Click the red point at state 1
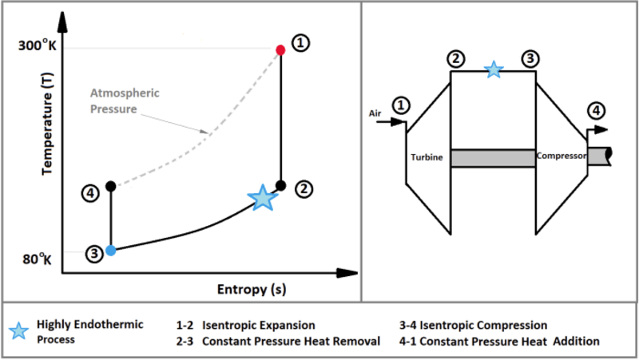(x=280, y=50)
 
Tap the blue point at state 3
(x=111, y=250)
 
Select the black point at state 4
(x=111, y=186)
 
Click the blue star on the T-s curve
(x=261, y=197)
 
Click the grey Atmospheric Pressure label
(x=125, y=100)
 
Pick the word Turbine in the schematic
(x=427, y=158)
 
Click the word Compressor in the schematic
(x=562, y=156)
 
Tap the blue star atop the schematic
(x=494, y=70)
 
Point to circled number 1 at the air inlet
(x=402, y=105)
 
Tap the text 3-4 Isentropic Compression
(x=473, y=326)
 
